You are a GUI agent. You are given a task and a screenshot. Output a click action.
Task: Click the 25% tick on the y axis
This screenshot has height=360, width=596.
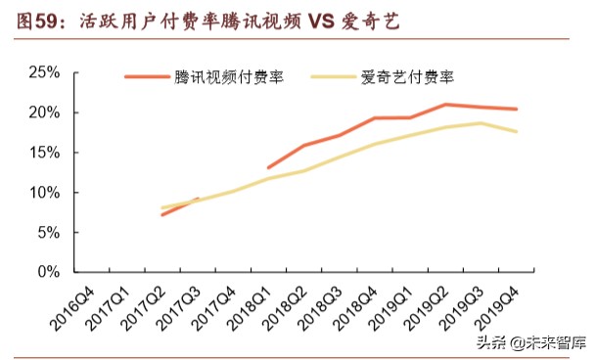(45, 72)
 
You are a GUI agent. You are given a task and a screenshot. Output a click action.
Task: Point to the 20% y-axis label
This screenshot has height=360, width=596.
(45, 112)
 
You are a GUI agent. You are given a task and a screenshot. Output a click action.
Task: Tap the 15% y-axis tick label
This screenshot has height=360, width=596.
(45, 153)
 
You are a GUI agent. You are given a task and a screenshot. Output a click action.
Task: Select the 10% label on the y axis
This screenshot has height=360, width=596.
(45, 193)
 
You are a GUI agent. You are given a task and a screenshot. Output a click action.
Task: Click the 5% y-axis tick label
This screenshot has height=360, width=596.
(49, 233)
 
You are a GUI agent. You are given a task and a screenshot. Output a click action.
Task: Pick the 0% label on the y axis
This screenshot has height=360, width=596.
(49, 272)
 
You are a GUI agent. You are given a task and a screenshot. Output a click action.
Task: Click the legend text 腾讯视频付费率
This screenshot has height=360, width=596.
(230, 76)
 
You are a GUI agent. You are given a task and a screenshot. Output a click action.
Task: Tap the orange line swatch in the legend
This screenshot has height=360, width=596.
(146, 76)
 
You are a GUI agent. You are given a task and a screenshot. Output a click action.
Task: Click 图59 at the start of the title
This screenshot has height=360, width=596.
(39, 19)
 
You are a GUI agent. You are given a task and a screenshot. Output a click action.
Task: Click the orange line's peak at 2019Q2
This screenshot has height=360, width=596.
(445, 105)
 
